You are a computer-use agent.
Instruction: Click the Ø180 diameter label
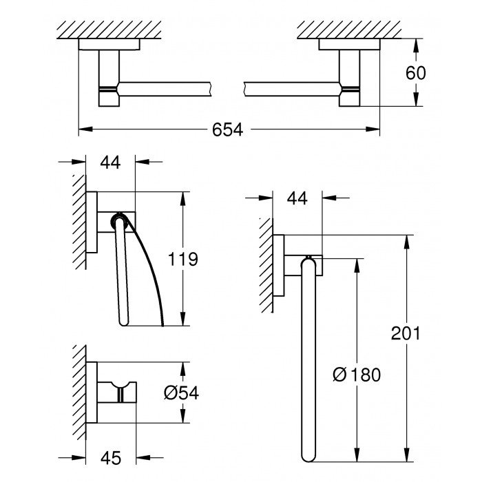(355, 375)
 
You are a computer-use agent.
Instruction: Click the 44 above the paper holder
(110, 163)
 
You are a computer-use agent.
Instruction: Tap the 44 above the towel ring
(297, 199)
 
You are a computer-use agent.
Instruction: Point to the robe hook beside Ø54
(120, 390)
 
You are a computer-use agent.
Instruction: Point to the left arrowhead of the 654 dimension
(83, 129)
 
